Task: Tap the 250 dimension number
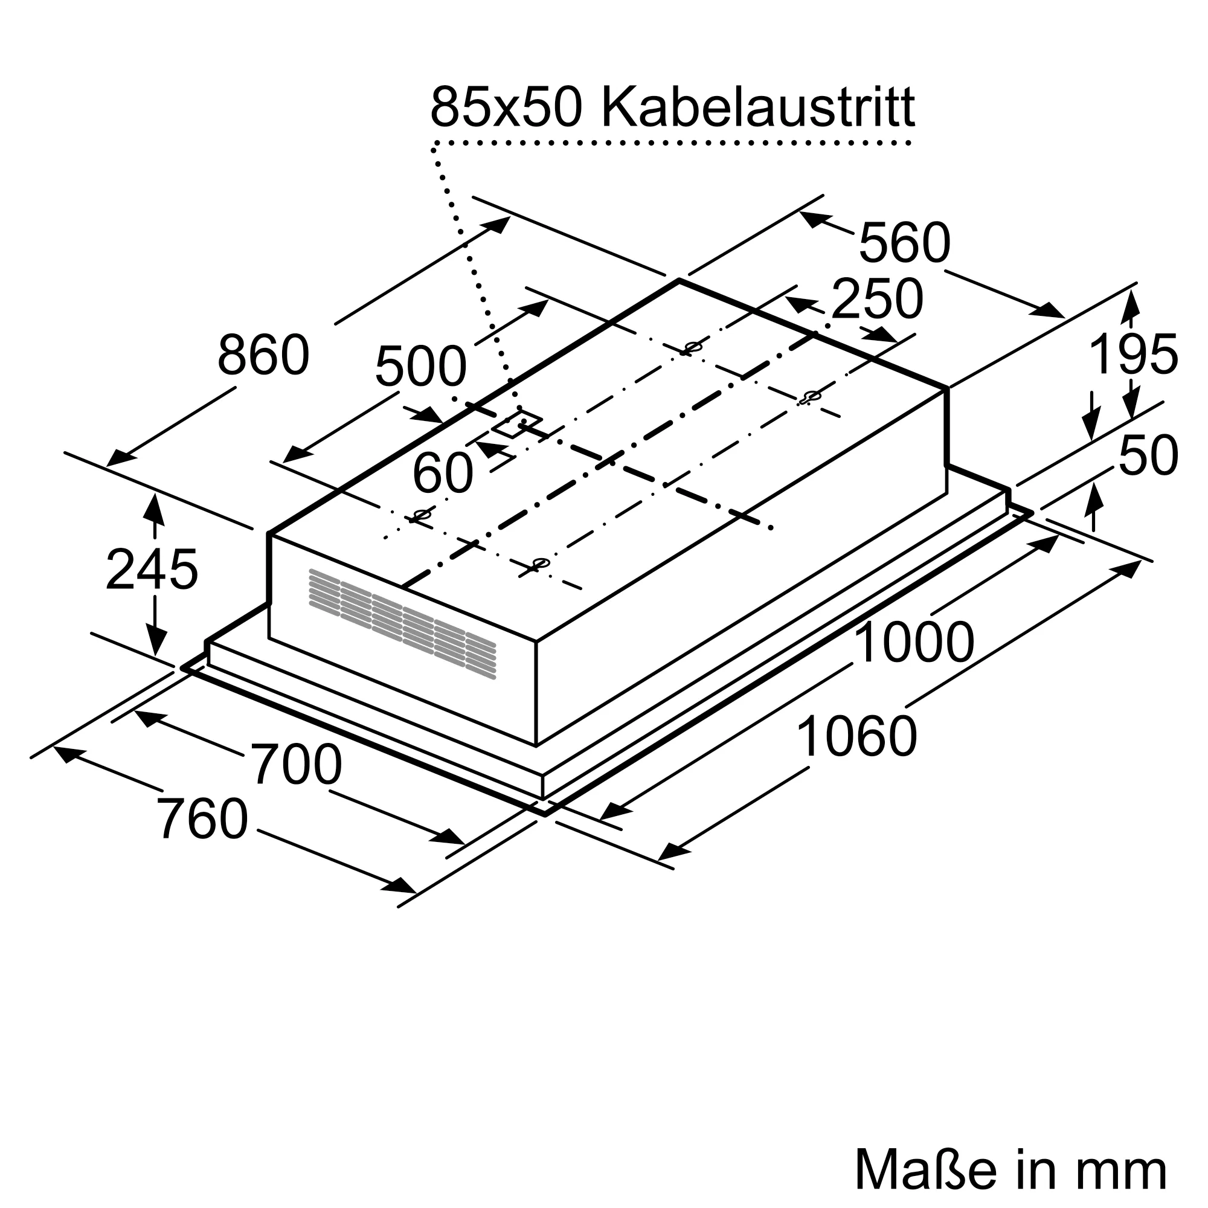tap(876, 300)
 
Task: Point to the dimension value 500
tap(420, 367)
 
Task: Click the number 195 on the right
tap(1133, 355)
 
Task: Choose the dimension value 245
tap(152, 570)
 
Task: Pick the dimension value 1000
tap(913, 643)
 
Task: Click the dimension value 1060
tap(856, 737)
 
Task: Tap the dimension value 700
tap(297, 765)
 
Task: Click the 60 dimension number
tap(443, 474)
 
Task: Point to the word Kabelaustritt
tap(758, 108)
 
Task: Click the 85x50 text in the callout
tap(507, 108)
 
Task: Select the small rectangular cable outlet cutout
tap(517, 424)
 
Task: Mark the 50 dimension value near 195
tap(1148, 456)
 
